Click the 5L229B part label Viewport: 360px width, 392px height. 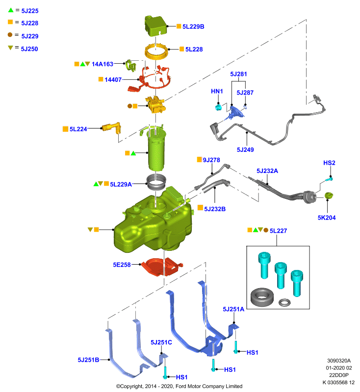(x=193, y=26)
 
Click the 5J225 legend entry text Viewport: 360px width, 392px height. (x=30, y=11)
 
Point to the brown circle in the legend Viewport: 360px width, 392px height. (x=10, y=35)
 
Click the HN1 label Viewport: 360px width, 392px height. (x=217, y=91)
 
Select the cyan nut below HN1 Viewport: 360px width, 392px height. (x=218, y=107)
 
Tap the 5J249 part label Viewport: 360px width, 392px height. (x=245, y=149)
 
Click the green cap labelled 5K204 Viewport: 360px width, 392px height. (x=329, y=196)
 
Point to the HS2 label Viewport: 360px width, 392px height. (x=329, y=163)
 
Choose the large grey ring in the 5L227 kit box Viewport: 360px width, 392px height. (x=262, y=297)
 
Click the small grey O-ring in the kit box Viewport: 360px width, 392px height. (x=284, y=302)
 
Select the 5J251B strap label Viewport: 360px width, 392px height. (x=88, y=360)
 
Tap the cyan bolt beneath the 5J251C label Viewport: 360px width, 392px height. (x=165, y=372)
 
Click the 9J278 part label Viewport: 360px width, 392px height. (x=211, y=160)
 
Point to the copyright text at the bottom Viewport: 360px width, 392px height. (x=179, y=386)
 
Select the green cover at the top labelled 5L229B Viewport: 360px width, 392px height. (x=155, y=26)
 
